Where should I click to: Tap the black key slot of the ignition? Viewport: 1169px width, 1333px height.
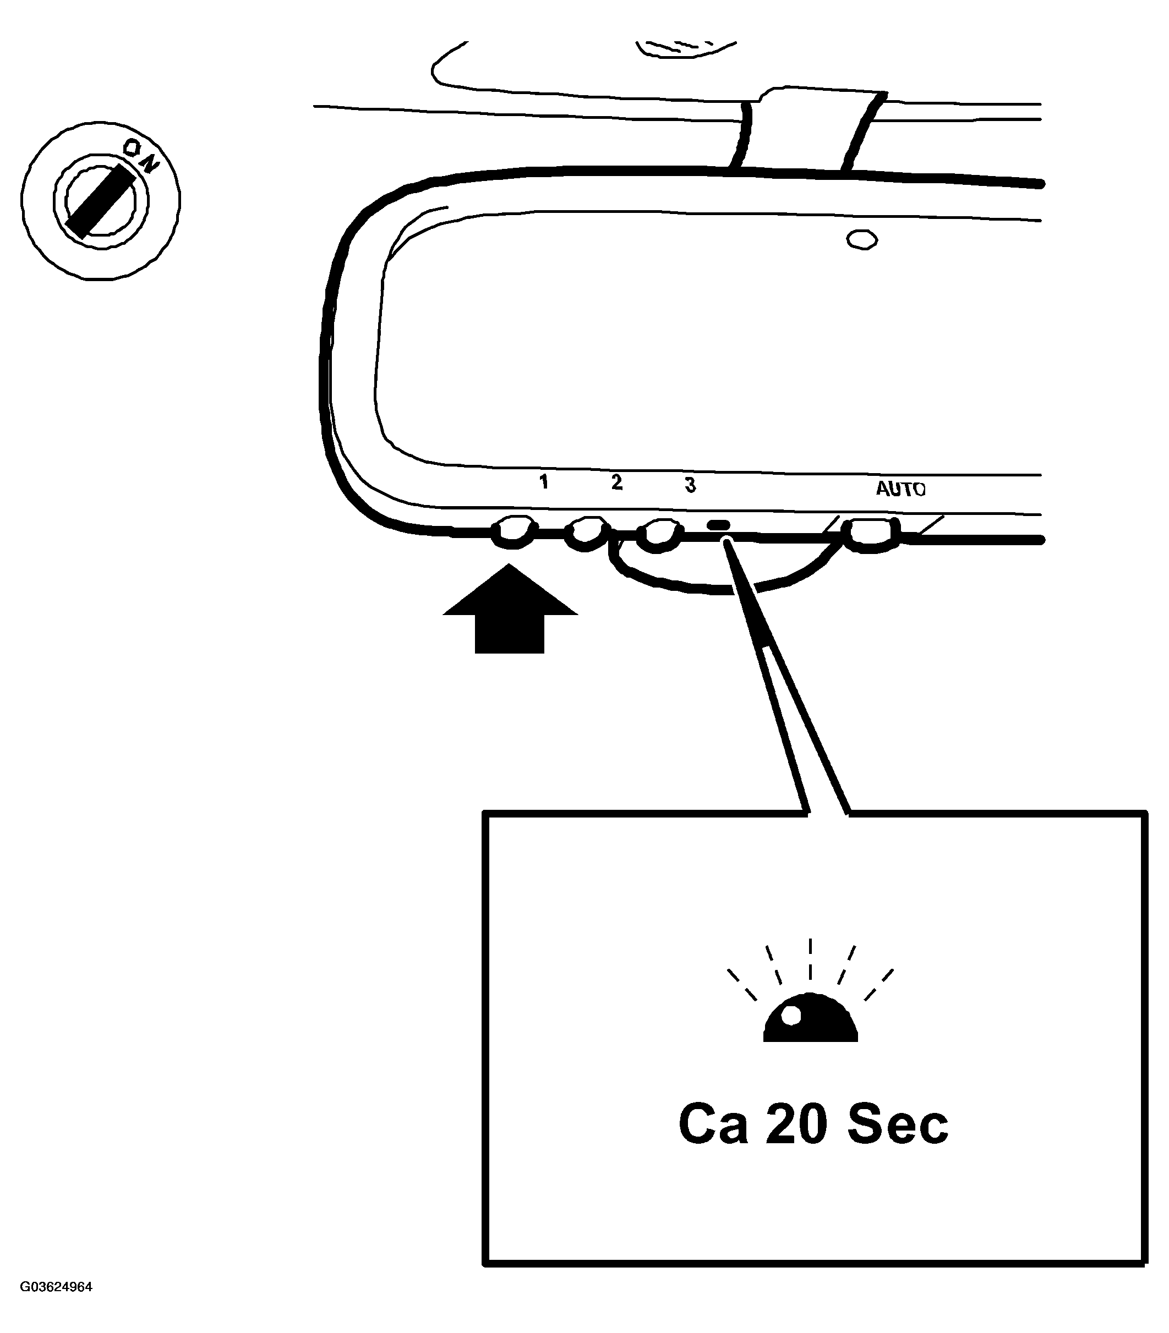point(101,201)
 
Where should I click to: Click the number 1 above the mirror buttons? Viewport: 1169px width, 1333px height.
point(543,482)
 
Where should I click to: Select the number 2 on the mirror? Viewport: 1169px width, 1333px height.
point(616,482)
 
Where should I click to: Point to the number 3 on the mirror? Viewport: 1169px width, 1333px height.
point(690,485)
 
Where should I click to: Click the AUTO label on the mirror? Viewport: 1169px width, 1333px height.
point(900,489)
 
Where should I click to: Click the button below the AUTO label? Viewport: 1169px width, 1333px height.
point(870,535)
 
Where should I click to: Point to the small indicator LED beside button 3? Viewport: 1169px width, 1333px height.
point(719,524)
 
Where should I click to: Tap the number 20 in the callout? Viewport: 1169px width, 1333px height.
point(796,1124)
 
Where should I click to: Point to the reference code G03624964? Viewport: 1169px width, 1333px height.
point(56,1287)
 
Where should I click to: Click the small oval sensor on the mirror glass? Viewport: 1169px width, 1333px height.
point(862,240)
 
